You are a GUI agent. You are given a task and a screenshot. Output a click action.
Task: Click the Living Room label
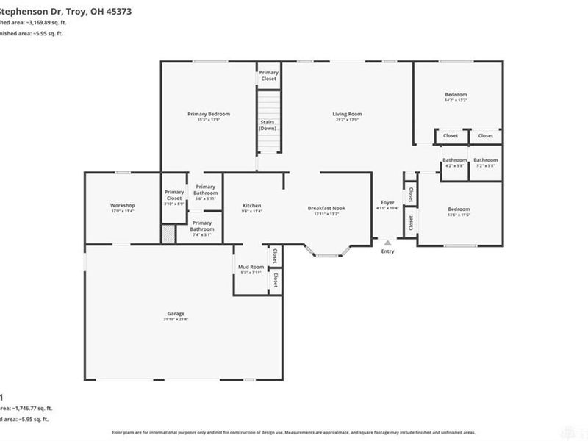click(347, 114)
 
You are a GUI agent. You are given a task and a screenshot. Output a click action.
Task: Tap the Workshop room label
click(122, 205)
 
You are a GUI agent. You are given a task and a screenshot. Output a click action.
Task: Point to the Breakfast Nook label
click(326, 208)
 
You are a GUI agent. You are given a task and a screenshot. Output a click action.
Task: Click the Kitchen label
click(252, 205)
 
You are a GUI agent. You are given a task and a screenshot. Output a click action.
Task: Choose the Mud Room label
click(251, 267)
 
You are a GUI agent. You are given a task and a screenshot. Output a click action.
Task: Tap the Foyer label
click(387, 202)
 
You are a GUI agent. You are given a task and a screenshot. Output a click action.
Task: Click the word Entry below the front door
click(387, 251)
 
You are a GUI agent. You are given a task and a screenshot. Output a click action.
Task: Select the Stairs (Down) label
click(268, 125)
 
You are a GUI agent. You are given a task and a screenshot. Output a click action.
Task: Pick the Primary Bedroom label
click(209, 114)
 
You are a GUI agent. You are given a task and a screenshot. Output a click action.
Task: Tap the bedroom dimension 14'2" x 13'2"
click(456, 100)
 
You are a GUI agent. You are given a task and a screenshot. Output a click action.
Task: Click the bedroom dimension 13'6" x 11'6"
click(459, 215)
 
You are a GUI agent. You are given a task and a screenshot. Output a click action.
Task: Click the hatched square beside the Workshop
click(169, 234)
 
